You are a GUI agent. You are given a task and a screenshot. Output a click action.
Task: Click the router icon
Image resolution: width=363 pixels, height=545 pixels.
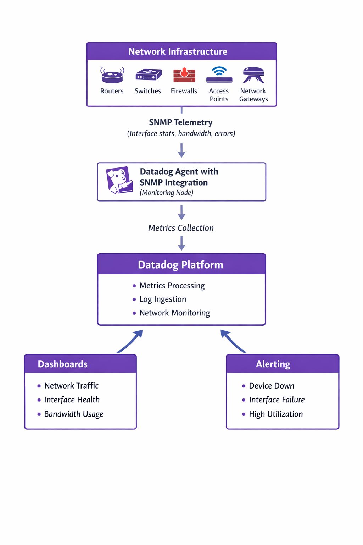pos(112,75)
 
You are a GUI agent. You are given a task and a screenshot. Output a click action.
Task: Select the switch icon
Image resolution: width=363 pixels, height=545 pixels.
pos(149,75)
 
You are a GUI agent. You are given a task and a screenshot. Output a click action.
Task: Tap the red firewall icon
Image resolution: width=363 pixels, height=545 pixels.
pos(184,75)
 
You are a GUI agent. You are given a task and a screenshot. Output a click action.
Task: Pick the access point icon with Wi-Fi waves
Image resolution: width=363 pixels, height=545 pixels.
pos(219,75)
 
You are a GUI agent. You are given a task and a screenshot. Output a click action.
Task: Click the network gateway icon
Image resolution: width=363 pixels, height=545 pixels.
pos(253,75)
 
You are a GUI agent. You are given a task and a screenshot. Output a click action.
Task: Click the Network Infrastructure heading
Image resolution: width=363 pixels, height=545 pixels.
pos(178,52)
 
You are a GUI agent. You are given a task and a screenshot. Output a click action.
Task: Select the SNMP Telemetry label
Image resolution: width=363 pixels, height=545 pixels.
pos(181,122)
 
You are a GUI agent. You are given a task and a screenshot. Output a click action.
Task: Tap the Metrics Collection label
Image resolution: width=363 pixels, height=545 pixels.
pos(181,228)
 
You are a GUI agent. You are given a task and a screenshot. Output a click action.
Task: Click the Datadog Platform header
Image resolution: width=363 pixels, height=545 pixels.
pos(180,265)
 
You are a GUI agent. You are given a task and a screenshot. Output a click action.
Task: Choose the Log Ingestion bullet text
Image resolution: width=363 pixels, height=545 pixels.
pos(163,299)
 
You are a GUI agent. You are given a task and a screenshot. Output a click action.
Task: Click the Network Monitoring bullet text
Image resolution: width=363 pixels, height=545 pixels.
pos(174,313)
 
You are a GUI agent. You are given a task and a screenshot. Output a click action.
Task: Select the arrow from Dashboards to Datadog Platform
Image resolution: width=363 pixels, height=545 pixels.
pos(130,341)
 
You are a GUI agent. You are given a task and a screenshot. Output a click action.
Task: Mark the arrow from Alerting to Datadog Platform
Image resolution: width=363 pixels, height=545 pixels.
pos(233,341)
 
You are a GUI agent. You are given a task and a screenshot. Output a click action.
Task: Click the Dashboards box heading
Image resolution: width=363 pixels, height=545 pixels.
pos(63,364)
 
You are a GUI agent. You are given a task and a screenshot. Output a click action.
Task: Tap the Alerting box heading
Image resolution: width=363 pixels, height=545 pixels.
pos(273,364)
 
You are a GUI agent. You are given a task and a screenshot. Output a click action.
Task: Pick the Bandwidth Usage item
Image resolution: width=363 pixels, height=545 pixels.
pos(74,414)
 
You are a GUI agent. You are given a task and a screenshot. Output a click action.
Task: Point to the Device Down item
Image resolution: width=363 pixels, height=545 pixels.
pos(272,386)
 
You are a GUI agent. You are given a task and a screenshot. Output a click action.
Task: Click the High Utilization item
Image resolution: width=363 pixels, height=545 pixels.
pos(276,414)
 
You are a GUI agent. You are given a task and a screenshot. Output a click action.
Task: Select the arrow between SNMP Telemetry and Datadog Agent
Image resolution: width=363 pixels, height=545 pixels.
pos(181,150)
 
